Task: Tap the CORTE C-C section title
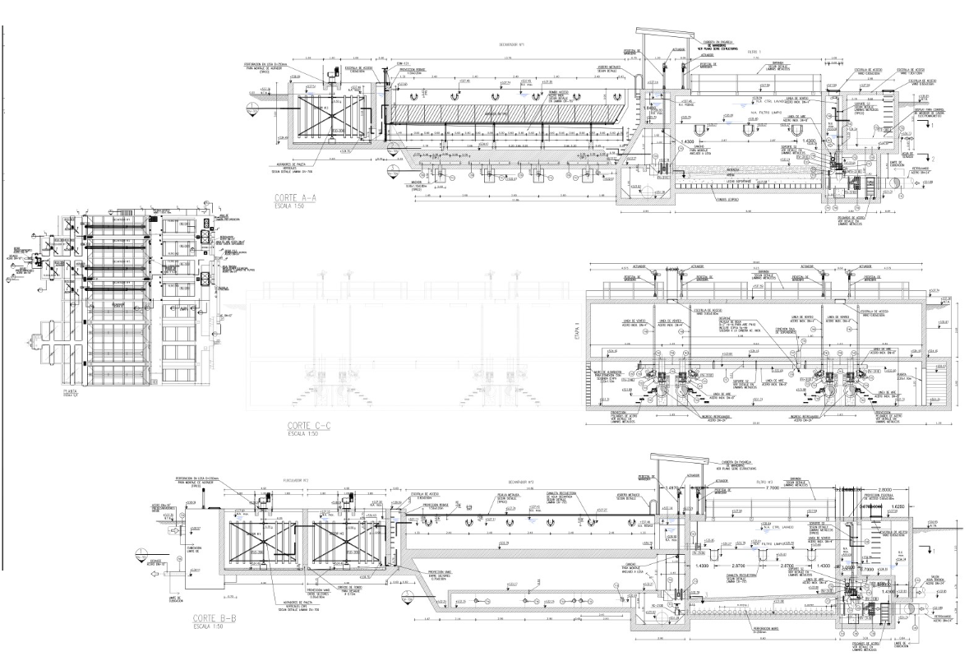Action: pyautogui.click(x=304, y=425)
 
